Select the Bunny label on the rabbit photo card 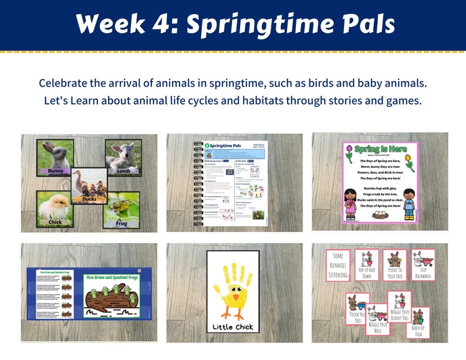[55, 171]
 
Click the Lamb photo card [123, 157]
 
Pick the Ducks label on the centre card [89, 200]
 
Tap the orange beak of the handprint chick [236, 299]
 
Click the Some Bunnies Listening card [339, 265]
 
